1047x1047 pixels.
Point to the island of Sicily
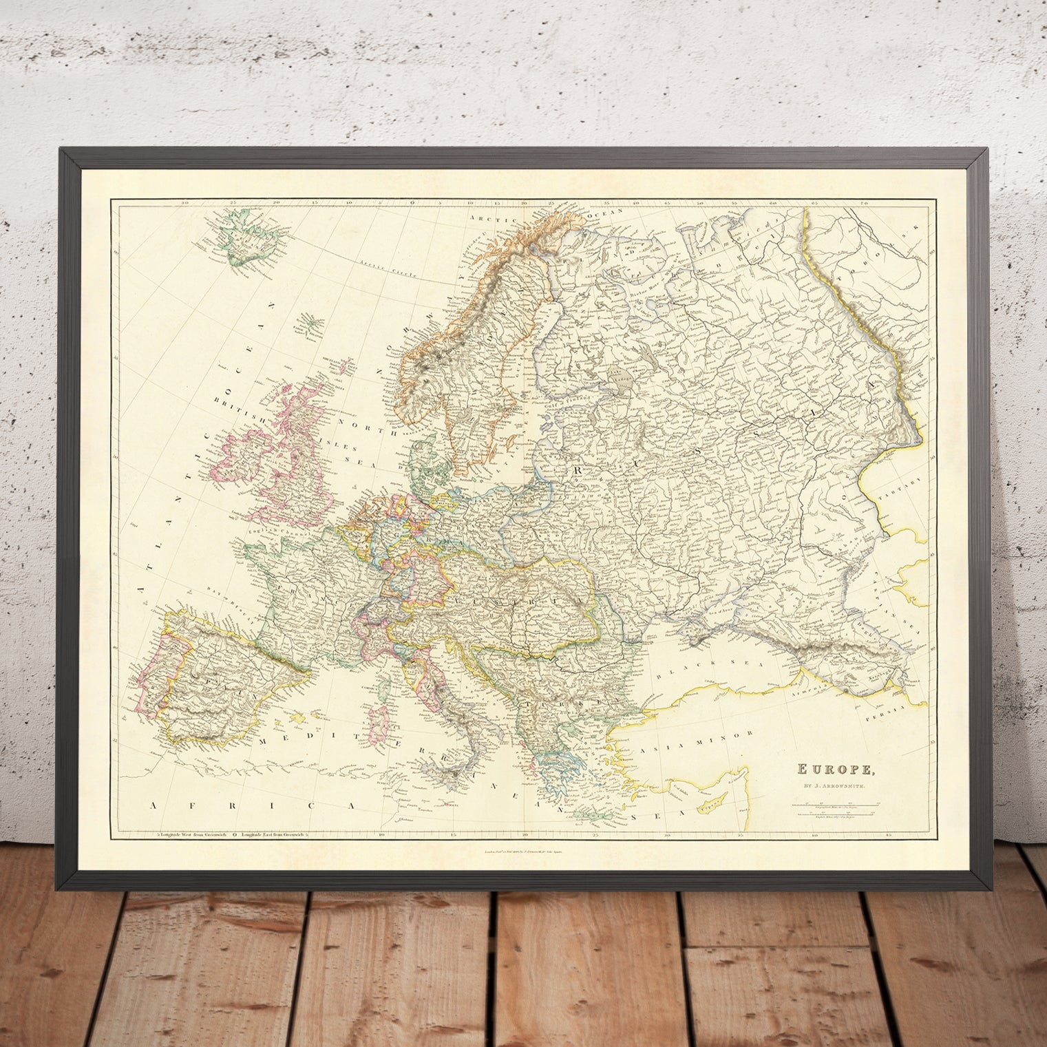(x=445, y=776)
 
